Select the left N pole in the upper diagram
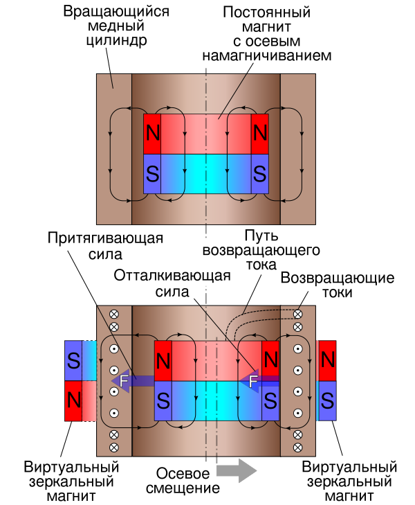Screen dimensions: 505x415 tap(152, 134)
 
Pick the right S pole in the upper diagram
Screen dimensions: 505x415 tap(260, 172)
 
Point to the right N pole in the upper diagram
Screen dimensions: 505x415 tap(260, 134)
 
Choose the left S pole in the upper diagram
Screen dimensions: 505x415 tap(152, 172)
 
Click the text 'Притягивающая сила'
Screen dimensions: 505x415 tap(105, 246)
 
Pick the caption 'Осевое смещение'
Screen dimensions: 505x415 tap(183, 480)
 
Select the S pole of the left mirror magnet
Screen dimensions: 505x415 tap(73, 360)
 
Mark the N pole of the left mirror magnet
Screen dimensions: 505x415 tap(73, 400)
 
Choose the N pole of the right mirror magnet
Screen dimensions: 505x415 tap(328, 360)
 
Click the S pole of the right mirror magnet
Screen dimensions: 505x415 tap(328, 400)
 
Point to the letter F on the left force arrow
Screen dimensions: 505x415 tap(124, 381)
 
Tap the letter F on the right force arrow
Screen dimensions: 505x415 tap(253, 381)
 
